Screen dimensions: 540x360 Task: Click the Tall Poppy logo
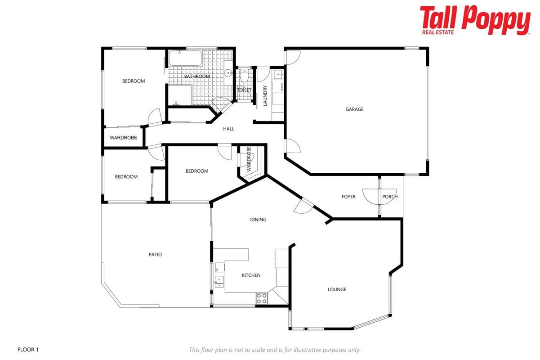coord(475,20)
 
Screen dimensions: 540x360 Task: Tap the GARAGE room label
coord(354,109)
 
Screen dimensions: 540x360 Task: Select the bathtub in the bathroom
coord(185,58)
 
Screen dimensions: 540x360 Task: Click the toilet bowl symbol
coord(244,75)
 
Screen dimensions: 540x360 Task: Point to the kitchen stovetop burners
coord(262,298)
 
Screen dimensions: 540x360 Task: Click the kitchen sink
coord(219,282)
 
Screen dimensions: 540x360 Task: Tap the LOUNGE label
coord(337,289)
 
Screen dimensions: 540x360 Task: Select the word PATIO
coord(155,254)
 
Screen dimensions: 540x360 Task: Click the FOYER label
coord(348,197)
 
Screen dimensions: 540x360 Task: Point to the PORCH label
coord(390,197)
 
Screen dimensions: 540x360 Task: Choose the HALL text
coord(228,129)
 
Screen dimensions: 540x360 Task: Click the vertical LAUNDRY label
coord(265,95)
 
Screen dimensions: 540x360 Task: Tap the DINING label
coord(258,220)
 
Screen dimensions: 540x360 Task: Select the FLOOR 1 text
coord(28,349)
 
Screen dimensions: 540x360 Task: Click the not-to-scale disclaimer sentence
coord(275,350)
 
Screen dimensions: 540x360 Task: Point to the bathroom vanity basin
coord(228,72)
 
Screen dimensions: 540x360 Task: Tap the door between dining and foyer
coord(304,206)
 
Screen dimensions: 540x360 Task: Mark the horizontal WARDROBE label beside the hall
coord(123,138)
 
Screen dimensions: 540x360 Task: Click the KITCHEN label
coord(251,275)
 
